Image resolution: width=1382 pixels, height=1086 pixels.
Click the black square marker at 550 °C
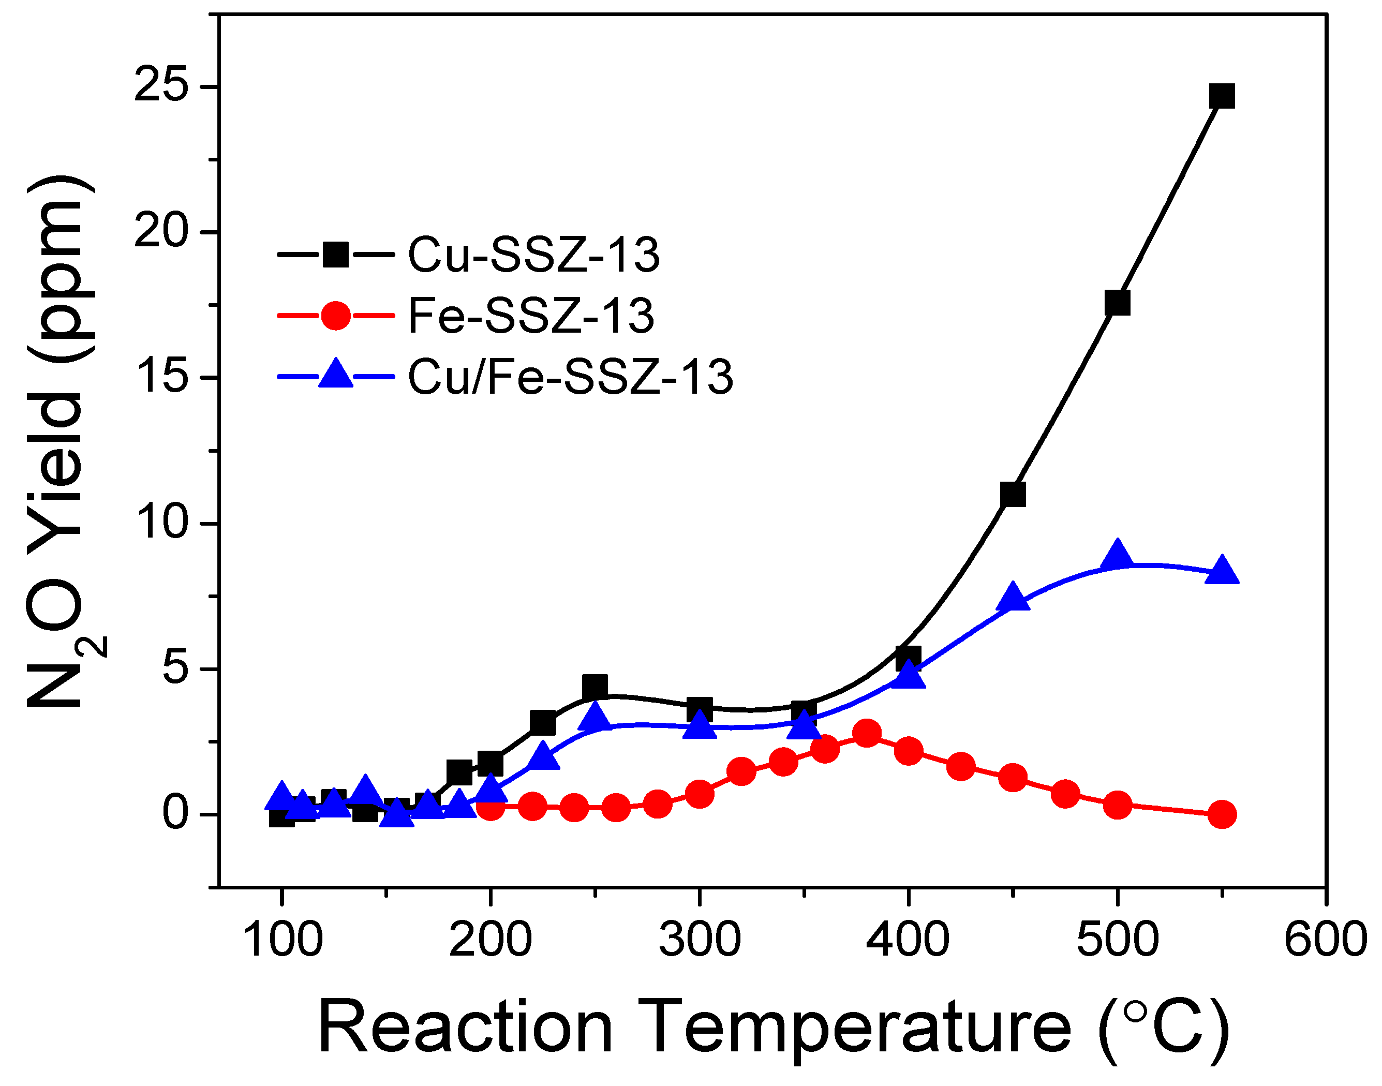[x=1222, y=96]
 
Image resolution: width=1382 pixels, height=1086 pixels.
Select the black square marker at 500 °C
[x=1117, y=303]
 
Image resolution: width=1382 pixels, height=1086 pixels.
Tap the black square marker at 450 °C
[x=1013, y=494]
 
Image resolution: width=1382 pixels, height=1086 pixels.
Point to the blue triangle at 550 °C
[x=1222, y=570]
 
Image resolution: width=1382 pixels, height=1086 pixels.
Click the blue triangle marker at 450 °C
[x=1013, y=598]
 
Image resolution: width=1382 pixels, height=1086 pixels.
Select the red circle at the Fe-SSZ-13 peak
[x=867, y=733]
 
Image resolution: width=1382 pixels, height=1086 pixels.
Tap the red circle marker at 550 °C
[x=1222, y=814]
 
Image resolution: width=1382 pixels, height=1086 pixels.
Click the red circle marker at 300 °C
[x=699, y=794]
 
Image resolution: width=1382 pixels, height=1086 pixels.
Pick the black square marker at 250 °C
[x=595, y=687]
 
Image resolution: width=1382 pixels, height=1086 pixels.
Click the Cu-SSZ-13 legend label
[x=533, y=256]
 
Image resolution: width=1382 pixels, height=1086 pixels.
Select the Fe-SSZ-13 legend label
[x=530, y=316]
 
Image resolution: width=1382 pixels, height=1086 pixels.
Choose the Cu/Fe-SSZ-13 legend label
[x=570, y=378]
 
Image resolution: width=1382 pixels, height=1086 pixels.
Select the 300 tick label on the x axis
[x=699, y=940]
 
